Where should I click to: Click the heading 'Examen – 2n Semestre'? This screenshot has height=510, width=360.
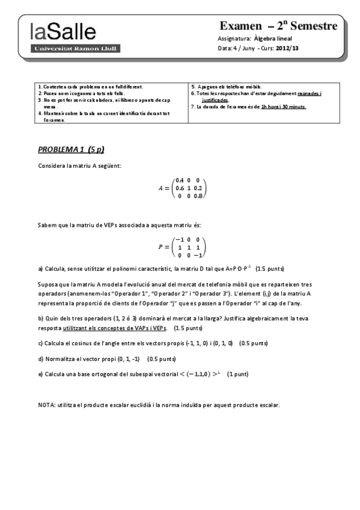click(278, 26)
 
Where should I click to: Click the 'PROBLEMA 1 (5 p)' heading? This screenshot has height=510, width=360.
click(75, 149)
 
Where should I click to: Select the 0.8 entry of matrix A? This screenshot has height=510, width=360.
click(199, 196)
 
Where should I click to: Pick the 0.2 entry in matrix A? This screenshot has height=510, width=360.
click(199, 188)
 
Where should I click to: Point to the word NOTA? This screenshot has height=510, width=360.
click(46, 405)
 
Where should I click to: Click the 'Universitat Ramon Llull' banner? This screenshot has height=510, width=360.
click(76, 48)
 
